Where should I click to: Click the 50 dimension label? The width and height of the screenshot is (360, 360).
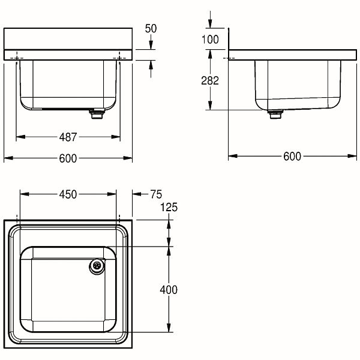tap(151, 29)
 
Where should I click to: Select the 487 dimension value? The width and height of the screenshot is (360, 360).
tap(68, 137)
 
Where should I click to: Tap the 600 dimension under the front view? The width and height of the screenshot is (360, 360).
tap(68, 158)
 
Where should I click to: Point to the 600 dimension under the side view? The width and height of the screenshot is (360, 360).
tap(292, 157)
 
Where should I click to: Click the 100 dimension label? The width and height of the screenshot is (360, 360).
tap(210, 40)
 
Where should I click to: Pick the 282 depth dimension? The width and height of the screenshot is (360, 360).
tap(210, 80)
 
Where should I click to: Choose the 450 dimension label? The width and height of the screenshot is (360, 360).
tap(68, 194)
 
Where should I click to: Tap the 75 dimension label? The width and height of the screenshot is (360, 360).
tap(156, 194)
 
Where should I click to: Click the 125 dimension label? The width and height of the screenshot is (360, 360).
tap(169, 207)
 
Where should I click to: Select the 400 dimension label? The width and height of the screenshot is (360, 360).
tap(169, 290)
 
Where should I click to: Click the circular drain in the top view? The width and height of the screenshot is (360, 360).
tap(97, 266)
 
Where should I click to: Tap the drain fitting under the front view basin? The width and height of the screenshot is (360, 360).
tap(97, 114)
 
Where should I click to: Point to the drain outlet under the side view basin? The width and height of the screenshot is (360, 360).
tap(275, 114)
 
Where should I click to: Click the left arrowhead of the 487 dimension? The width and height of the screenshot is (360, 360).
tap(20, 137)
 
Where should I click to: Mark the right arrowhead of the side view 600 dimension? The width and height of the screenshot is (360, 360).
tap(352, 156)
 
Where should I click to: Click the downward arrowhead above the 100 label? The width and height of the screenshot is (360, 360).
tap(210, 23)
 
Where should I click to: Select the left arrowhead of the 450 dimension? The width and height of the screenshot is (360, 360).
tap(25, 194)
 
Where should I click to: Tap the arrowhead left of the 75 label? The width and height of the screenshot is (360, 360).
tap(137, 194)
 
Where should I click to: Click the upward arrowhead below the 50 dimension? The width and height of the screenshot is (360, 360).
tap(151, 65)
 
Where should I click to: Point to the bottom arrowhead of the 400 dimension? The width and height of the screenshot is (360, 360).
tap(169, 328)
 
